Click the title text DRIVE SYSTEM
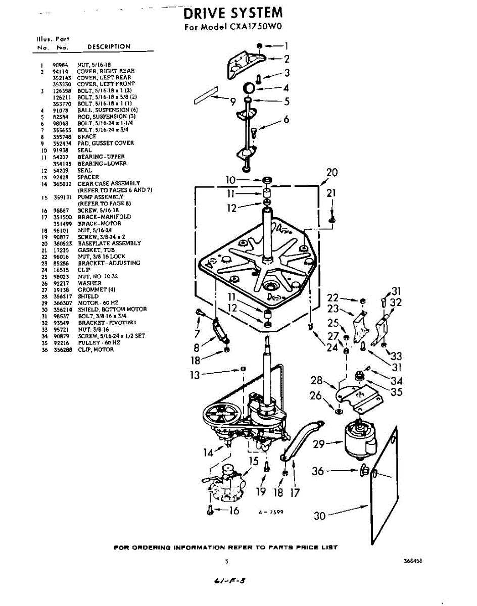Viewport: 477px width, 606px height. pyautogui.click(x=232, y=12)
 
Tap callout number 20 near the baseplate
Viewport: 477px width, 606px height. pyautogui.click(x=331, y=173)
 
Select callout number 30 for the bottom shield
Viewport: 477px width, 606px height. pyautogui.click(x=319, y=516)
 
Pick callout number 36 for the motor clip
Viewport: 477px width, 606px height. pyautogui.click(x=318, y=471)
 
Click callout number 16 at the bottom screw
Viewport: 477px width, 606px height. pyautogui.click(x=233, y=511)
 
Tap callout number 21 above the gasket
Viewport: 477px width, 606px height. pyautogui.click(x=331, y=192)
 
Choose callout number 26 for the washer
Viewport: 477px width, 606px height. pyautogui.click(x=316, y=396)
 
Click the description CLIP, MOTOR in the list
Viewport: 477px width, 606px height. pyautogui.click(x=96, y=349)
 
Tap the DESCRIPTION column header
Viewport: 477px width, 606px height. pyautogui.click(x=109, y=46)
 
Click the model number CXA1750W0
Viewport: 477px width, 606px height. pyautogui.click(x=250, y=27)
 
